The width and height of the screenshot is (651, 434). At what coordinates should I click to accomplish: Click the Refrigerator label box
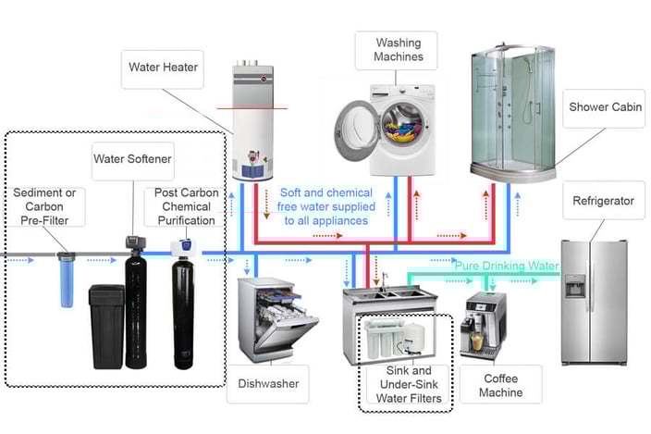point(603,200)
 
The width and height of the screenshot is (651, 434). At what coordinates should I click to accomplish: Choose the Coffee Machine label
point(499,385)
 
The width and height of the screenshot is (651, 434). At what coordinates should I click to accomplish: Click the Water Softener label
point(131,158)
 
